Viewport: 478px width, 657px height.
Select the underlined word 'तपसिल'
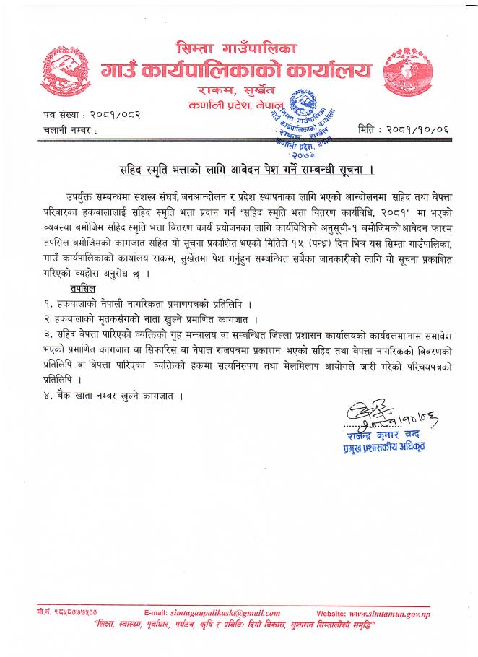[x=76, y=287]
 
